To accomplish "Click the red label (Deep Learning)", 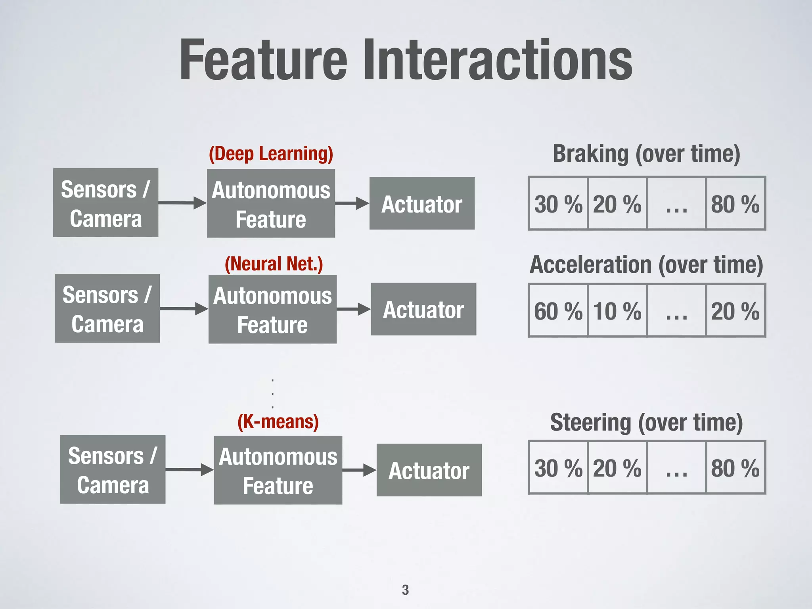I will tap(271, 154).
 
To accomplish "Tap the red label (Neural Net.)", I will tap(274, 264).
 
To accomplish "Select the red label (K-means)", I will tap(278, 421).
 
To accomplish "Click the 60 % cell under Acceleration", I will tap(558, 310).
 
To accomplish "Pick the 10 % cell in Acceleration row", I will tap(617, 310).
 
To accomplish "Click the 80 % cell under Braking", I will tap(735, 203).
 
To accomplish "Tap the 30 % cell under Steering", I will tap(558, 467).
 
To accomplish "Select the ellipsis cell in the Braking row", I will tap(676, 203).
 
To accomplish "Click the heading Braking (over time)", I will tap(646, 154).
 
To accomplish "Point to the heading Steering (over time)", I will tap(646, 422).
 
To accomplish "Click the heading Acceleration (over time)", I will tap(646, 264).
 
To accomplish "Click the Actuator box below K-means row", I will tap(429, 470).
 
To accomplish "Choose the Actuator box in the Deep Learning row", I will tap(422, 203).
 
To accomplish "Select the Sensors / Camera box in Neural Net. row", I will tap(107, 308).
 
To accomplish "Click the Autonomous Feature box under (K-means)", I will tap(278, 470).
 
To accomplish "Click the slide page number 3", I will tap(405, 590).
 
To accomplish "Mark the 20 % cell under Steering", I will tap(617, 467).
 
